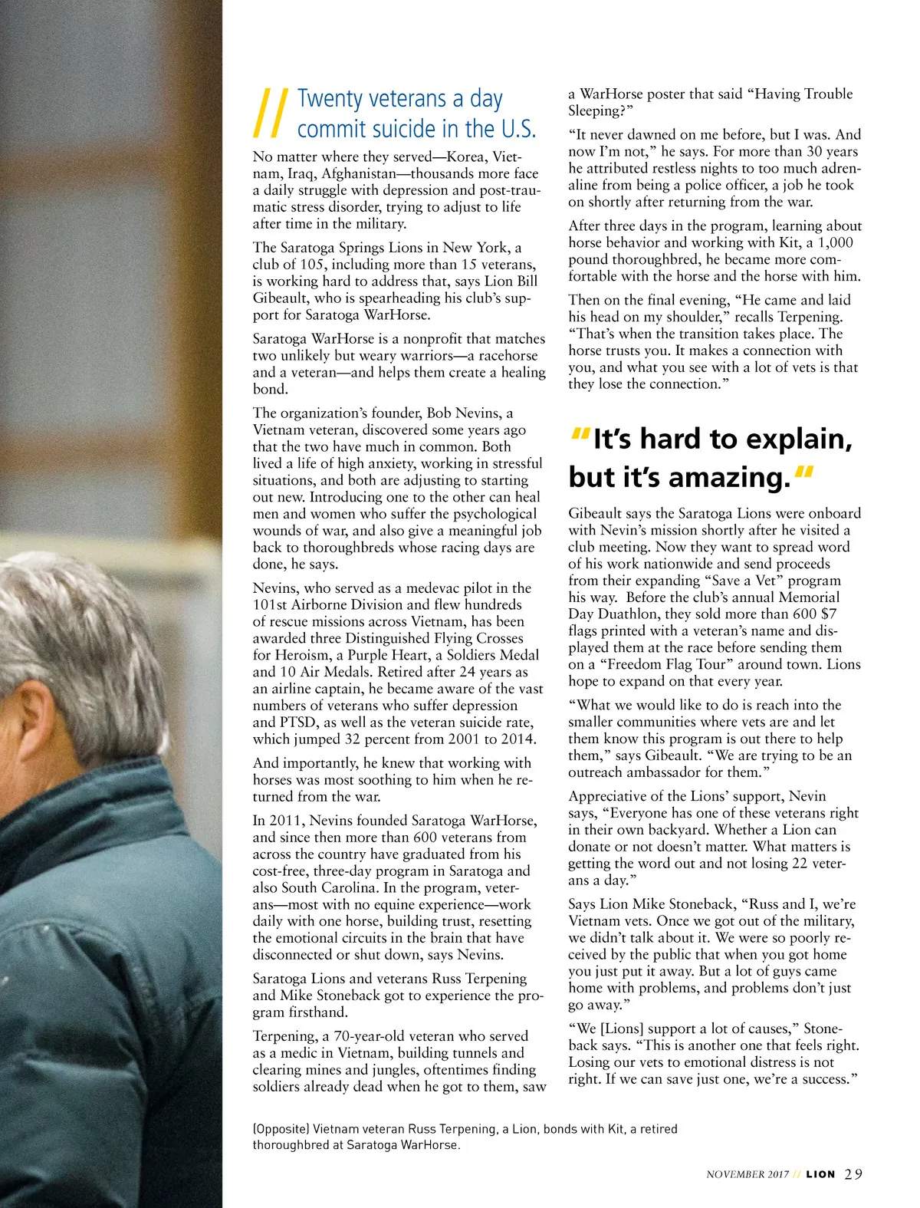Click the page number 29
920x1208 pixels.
point(853,1174)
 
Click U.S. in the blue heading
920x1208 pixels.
point(518,128)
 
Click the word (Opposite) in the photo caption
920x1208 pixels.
point(281,1129)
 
